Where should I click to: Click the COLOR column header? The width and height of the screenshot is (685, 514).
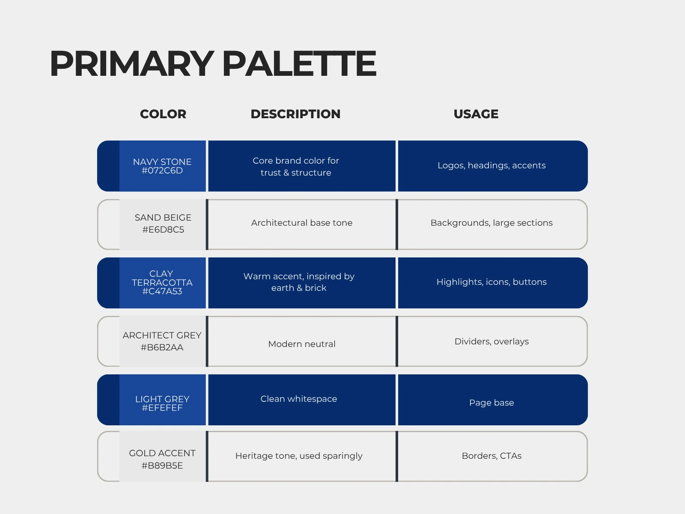click(x=163, y=114)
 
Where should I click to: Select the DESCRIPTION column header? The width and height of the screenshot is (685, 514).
click(x=295, y=114)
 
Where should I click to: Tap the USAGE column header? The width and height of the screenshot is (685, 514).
click(x=476, y=114)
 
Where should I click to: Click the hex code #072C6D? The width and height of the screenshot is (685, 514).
click(x=162, y=171)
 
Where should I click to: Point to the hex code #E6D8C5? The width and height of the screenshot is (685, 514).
click(x=163, y=230)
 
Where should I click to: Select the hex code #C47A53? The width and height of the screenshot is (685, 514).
click(x=162, y=291)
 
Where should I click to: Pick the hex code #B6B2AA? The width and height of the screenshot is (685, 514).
click(x=162, y=347)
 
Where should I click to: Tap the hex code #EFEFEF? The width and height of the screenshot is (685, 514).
click(x=162, y=408)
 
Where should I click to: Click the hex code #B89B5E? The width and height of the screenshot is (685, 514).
click(x=162, y=466)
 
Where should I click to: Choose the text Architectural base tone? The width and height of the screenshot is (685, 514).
click(x=302, y=223)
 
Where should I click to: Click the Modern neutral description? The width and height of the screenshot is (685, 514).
click(x=302, y=344)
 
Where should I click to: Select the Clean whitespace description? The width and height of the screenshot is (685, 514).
click(x=299, y=399)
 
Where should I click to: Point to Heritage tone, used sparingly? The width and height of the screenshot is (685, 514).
click(x=299, y=456)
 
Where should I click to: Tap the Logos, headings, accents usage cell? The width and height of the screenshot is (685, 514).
click(x=491, y=165)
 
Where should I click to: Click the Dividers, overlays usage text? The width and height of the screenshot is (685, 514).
click(x=491, y=341)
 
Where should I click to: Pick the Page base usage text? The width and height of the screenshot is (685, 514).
click(x=491, y=403)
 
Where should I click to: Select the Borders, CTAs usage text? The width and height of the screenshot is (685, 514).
click(x=491, y=456)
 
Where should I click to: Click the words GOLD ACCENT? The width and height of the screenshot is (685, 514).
click(x=162, y=453)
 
